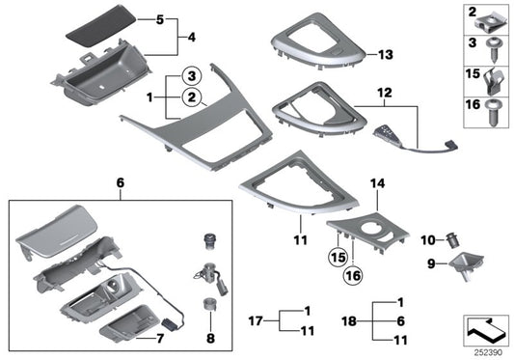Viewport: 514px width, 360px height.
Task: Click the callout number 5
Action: point(160,19)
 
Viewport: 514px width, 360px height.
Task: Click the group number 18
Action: point(351,322)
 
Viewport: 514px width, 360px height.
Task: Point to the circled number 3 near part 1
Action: point(191,75)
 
